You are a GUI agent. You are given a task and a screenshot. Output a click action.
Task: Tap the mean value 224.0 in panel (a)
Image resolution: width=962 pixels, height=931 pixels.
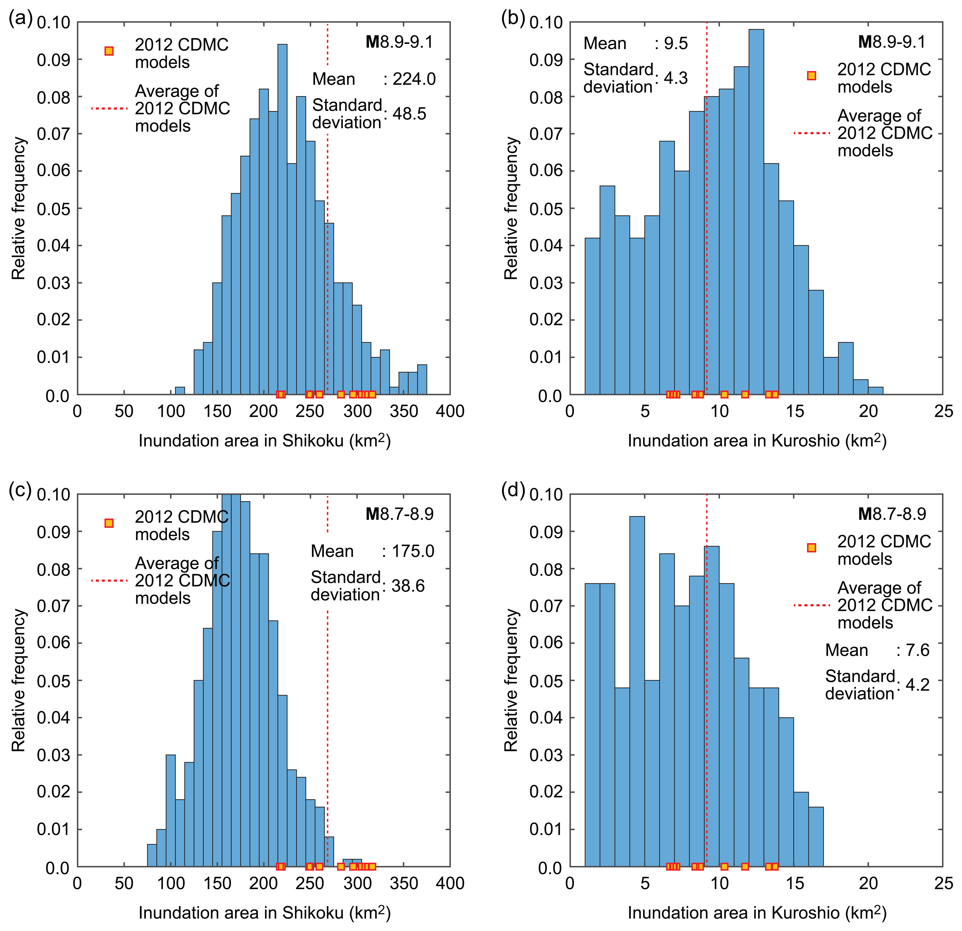point(414,79)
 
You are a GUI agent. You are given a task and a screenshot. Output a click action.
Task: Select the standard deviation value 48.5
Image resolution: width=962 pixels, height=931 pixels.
point(409,114)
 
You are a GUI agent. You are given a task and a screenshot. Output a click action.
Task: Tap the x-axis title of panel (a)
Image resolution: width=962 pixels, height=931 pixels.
point(264,441)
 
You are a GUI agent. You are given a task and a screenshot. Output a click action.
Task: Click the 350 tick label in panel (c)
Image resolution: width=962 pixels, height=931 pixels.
point(403,883)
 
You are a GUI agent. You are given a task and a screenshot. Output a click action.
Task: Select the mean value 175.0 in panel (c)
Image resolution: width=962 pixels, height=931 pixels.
point(413,551)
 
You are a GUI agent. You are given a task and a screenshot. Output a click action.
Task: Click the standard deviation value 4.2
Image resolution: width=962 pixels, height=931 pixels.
point(917,685)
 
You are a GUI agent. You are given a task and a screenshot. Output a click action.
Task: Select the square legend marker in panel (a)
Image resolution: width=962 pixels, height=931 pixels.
point(109,51)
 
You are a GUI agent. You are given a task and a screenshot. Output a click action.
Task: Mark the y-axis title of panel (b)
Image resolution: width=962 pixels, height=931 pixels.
point(512,208)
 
